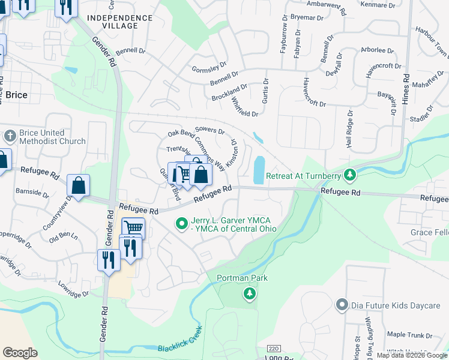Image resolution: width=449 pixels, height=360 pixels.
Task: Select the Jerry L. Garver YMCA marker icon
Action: [182, 224]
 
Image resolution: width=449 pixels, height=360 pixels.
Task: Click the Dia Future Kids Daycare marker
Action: [342, 305]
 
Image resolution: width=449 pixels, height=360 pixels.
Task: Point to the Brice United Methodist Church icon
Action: [9, 137]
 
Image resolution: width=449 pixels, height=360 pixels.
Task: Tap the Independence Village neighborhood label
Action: [120, 22]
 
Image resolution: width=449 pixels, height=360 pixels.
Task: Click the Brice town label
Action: [16, 95]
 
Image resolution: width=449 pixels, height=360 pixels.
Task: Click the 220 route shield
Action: [274, 348]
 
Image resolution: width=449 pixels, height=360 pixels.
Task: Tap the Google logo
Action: [20, 352]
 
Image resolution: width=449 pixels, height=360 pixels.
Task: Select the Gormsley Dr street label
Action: [209, 68]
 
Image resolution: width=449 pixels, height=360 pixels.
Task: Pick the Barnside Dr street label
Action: [32, 193]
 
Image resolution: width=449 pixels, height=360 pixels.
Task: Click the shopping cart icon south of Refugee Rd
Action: [133, 227]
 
